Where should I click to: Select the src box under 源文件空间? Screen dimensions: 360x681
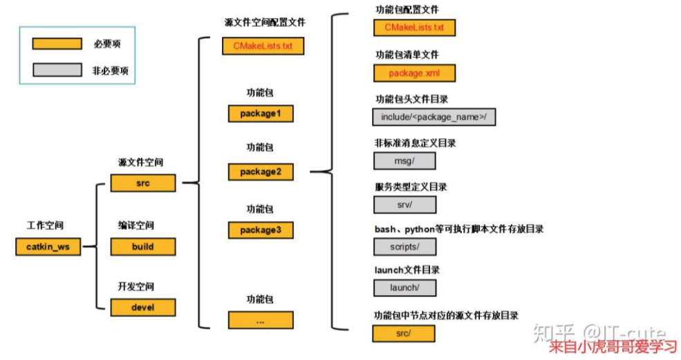[143, 183]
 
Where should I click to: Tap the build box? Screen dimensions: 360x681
[143, 246]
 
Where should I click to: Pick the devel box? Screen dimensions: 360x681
[143, 307]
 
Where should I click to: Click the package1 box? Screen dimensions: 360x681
[261, 113]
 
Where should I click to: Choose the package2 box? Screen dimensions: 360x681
[261, 171]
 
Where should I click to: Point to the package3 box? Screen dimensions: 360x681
[261, 229]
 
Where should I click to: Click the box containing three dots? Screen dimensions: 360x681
[261, 320]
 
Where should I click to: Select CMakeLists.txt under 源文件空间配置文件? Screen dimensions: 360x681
[263, 46]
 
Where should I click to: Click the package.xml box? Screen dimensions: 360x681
[414, 73]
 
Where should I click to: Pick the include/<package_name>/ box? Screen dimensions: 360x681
[434, 117]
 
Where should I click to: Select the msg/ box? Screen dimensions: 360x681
[404, 161]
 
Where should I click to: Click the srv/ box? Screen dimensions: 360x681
[404, 205]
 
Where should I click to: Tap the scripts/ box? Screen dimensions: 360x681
[404, 246]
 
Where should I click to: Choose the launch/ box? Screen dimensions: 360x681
[404, 287]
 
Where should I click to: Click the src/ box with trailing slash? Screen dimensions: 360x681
[404, 334]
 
